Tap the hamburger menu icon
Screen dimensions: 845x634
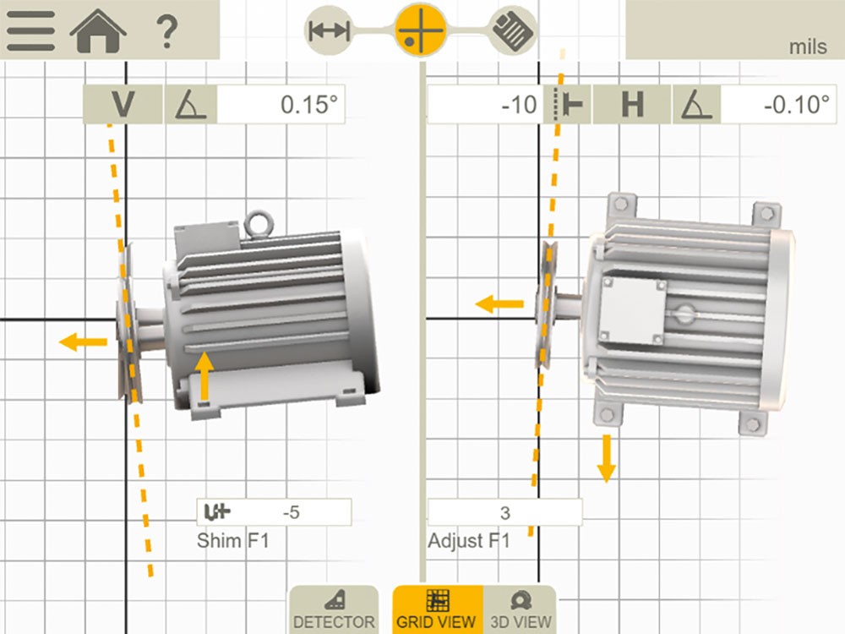[x=30, y=30]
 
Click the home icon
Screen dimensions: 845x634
[x=98, y=30]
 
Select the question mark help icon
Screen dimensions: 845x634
[x=167, y=32]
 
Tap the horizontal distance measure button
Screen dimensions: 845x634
[x=330, y=30]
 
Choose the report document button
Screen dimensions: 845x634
[x=513, y=30]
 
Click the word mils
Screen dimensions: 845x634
[x=808, y=46]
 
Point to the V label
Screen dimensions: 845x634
[x=123, y=104]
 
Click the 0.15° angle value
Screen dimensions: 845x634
[x=309, y=105]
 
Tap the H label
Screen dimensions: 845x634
[x=632, y=104]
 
